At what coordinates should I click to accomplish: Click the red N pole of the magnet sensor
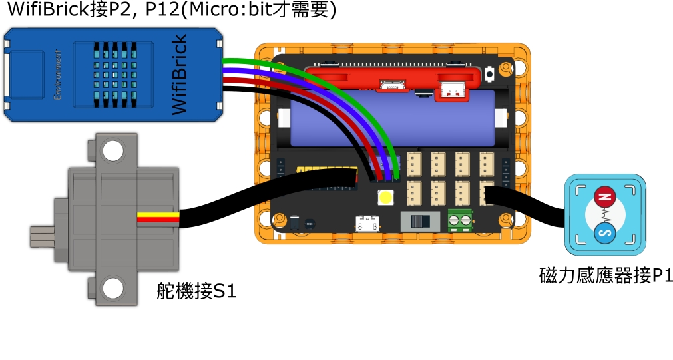click(x=604, y=196)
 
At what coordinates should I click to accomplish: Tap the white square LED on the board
click(x=385, y=197)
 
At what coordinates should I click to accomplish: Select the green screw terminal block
click(x=460, y=220)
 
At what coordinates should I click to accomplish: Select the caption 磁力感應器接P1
click(x=605, y=275)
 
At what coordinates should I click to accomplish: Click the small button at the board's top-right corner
click(x=490, y=71)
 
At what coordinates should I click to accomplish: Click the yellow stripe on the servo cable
click(x=158, y=217)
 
